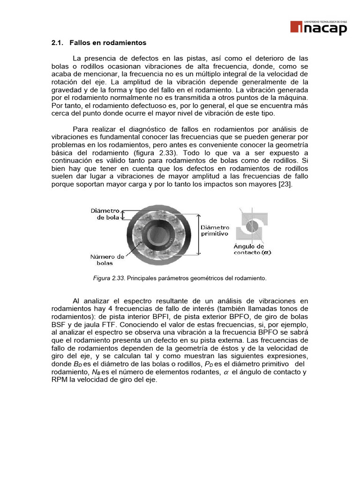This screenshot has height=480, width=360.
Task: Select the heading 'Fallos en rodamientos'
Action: click(x=108, y=43)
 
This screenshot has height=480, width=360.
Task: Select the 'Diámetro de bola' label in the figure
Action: click(x=106, y=214)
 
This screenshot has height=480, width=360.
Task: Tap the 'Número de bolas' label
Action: click(x=107, y=260)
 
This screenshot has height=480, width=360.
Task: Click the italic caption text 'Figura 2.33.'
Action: click(x=108, y=278)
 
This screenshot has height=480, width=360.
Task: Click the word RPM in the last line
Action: click(x=59, y=380)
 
